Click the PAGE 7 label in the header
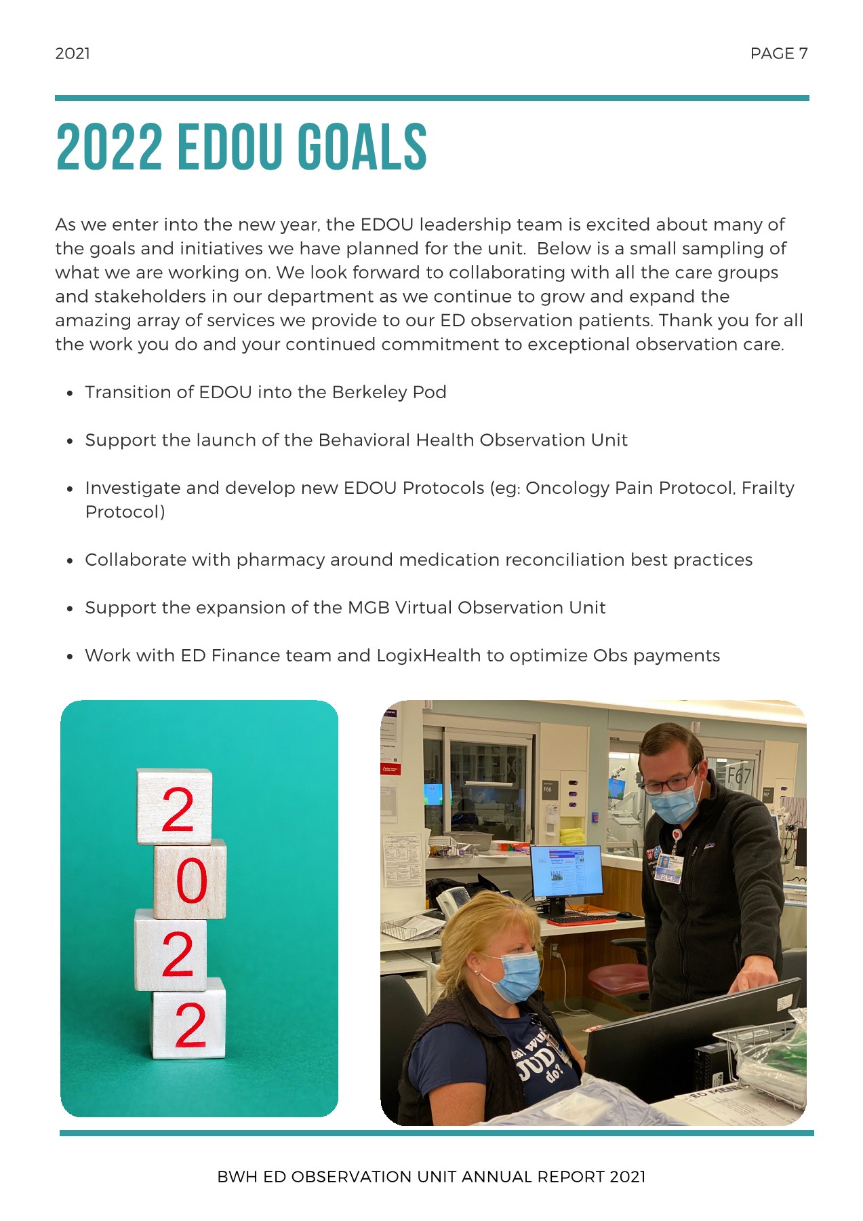pos(778,54)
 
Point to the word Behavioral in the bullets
pos(364,440)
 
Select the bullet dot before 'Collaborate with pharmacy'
pos(70,561)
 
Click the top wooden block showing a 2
pos(175,807)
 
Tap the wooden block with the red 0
pos(190,880)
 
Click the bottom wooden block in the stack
pos(188,1020)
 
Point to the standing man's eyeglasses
pos(669,783)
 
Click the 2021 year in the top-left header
pos(73,54)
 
